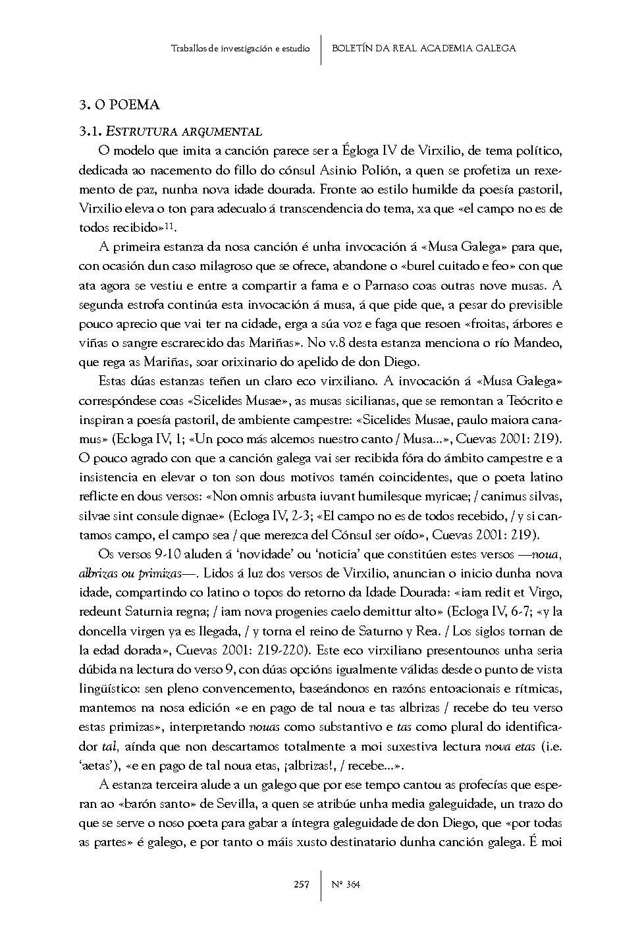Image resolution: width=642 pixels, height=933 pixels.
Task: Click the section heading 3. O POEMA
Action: (x=119, y=105)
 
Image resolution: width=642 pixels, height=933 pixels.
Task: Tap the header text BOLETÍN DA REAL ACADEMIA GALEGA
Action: (x=423, y=48)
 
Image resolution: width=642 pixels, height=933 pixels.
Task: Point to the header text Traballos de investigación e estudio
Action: (x=240, y=48)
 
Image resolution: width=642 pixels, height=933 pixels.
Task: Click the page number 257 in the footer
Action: (x=302, y=884)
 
